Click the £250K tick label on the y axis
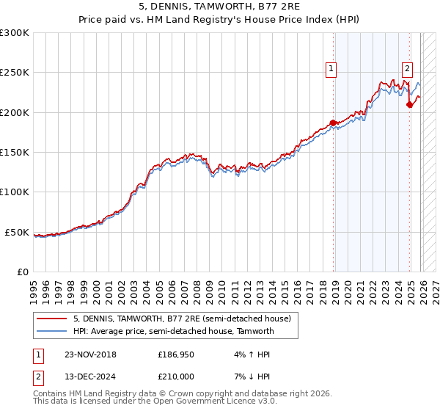15,73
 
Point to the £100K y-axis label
15,192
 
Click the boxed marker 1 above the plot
331,70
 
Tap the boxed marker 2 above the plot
407,70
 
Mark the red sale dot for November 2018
333,123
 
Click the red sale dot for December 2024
409,104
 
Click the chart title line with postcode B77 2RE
220,8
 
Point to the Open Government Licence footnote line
155,401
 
